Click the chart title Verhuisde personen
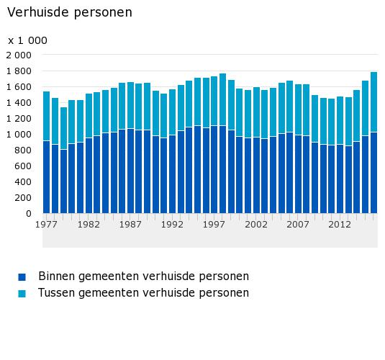[70, 12]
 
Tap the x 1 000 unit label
[27, 40]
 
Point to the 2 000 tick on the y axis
[19, 55]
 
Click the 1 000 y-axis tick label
[19, 135]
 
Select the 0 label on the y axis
[29, 214]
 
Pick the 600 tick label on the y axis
[23, 166]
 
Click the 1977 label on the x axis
[46, 225]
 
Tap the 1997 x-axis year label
[214, 225]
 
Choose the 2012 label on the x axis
[340, 225]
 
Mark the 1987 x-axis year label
[130, 225]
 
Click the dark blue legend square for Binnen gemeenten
[22, 277]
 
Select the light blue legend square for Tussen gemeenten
[22, 294]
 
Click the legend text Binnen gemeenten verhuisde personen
[144, 276]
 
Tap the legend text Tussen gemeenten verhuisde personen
[144, 293]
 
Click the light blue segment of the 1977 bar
[46, 116]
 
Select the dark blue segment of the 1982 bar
[89, 176]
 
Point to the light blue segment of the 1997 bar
[214, 101]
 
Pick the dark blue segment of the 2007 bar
[299, 174]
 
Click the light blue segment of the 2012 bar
[340, 120]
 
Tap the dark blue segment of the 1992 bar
[173, 174]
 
